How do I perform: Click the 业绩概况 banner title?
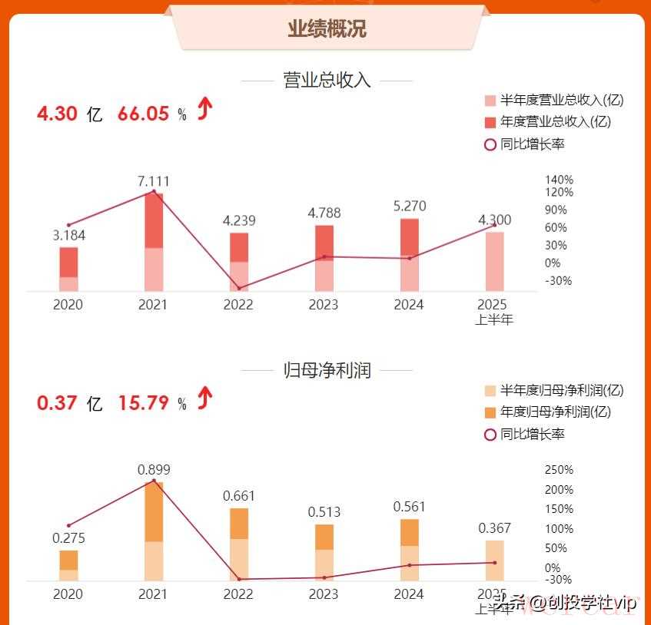(327, 28)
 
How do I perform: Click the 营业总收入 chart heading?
(327, 81)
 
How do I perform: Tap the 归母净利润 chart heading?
(327, 370)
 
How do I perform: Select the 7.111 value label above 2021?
(153, 182)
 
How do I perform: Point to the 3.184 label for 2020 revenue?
(68, 236)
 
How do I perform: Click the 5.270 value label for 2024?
(409, 207)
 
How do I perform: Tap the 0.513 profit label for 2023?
(324, 512)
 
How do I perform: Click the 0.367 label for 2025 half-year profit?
(494, 528)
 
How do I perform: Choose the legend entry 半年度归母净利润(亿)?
(561, 391)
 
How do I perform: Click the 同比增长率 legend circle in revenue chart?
(490, 144)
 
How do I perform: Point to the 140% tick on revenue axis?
(559, 180)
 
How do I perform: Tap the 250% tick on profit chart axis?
(559, 470)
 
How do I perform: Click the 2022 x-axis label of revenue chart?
(238, 305)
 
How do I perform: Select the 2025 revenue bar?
(494, 261)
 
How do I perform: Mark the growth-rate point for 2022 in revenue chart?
(238, 288)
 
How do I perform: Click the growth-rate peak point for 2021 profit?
(154, 481)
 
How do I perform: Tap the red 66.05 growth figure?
(143, 114)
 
